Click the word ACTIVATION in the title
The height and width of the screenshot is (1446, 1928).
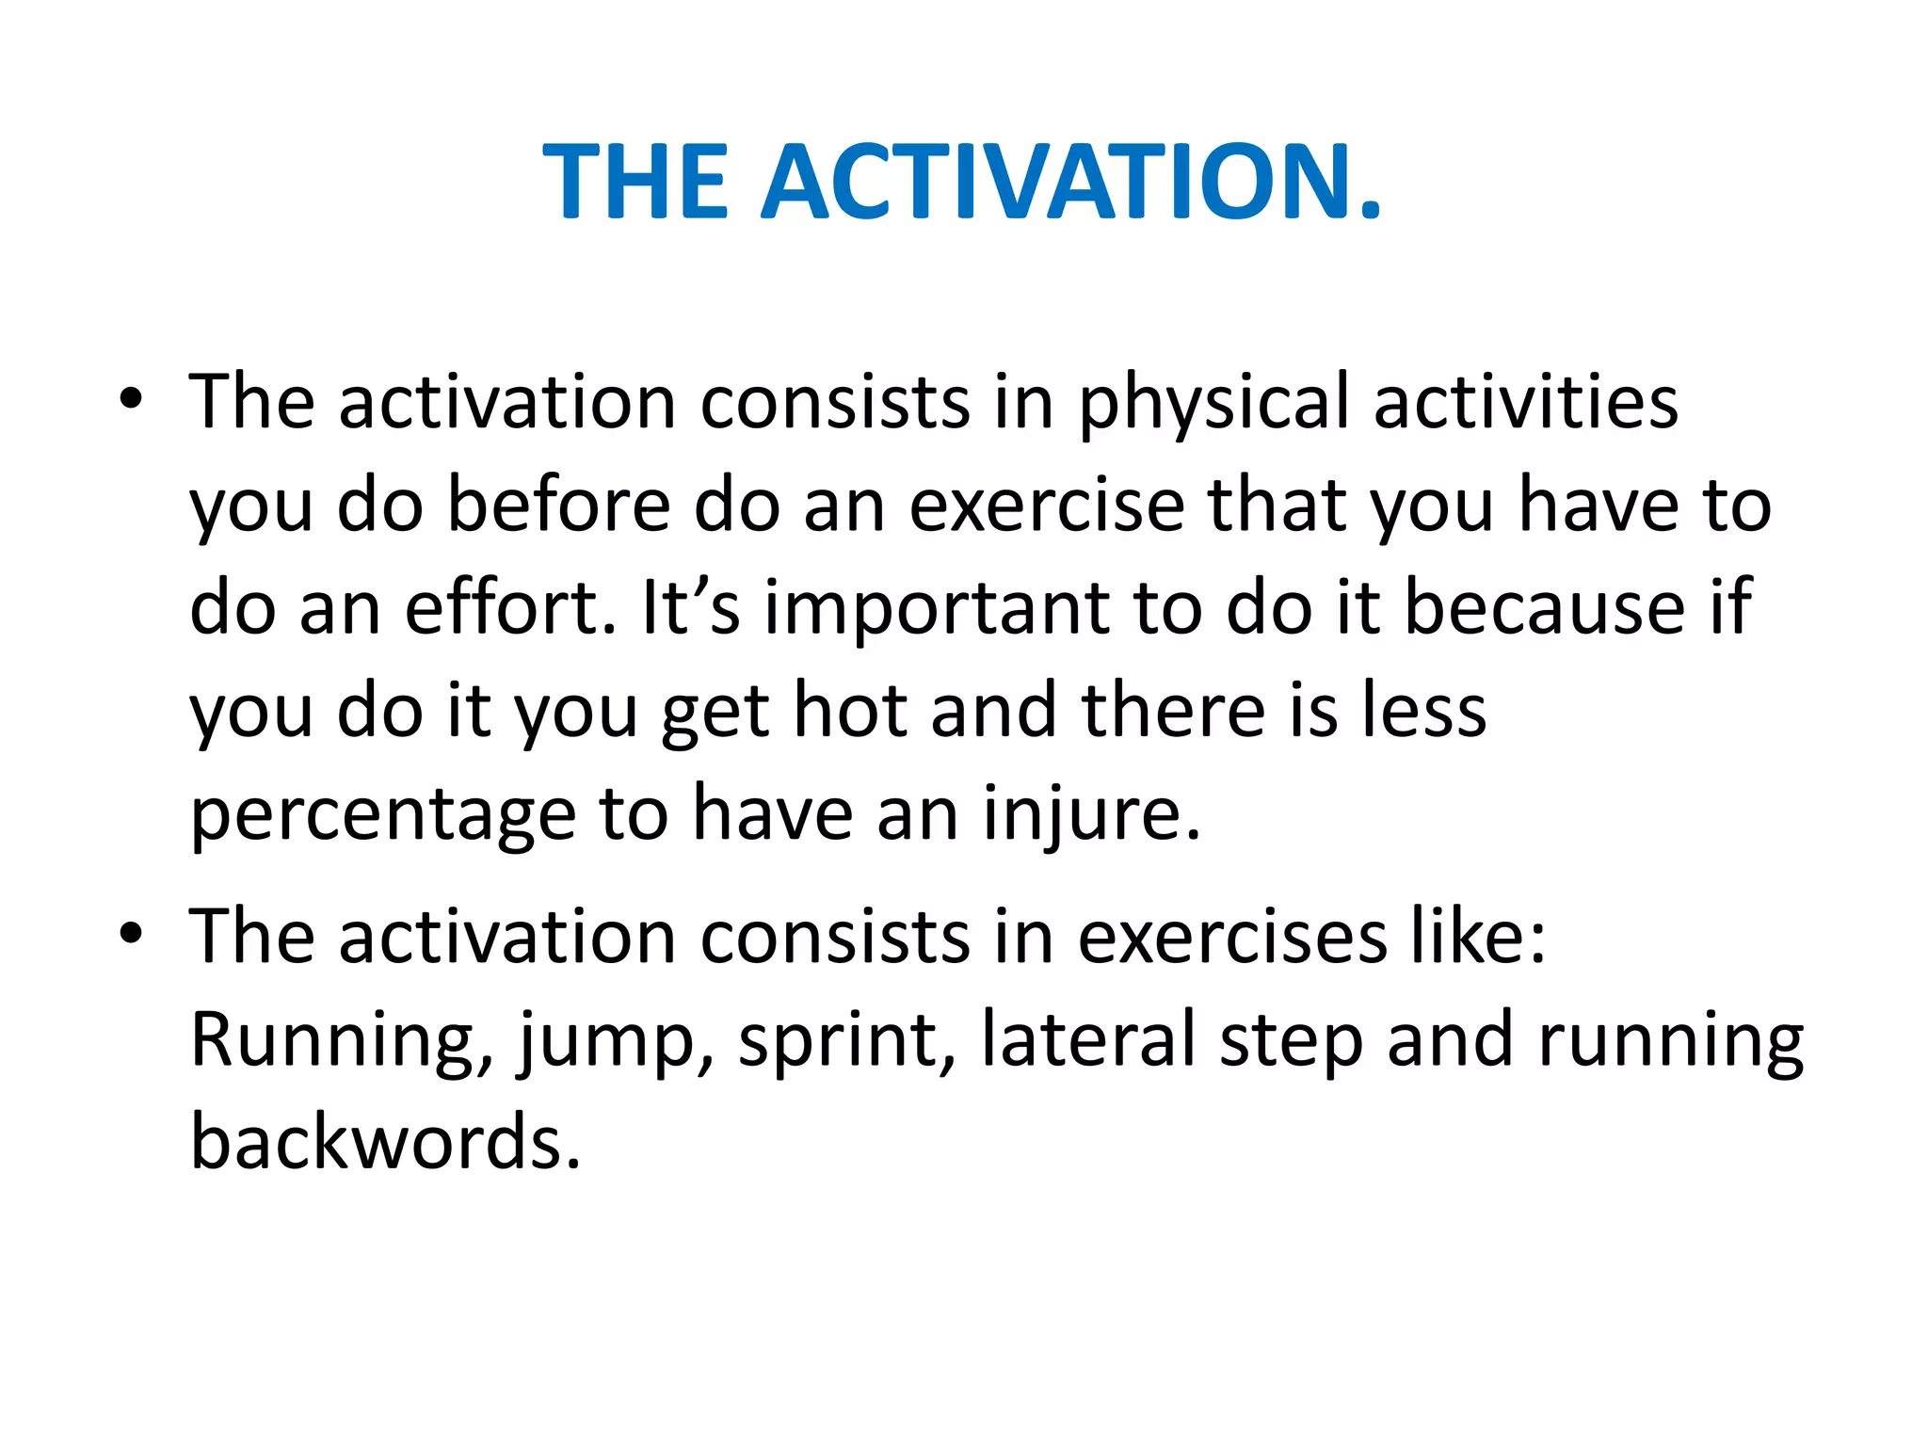1071,181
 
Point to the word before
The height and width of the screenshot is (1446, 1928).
558,506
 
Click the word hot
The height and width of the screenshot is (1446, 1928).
849,711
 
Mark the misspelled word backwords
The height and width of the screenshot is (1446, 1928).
384,1142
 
